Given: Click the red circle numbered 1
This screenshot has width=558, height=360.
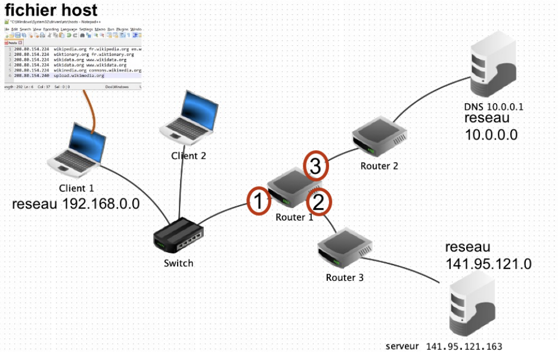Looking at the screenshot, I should [x=259, y=201].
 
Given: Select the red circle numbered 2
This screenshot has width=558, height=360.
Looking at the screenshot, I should [x=318, y=203].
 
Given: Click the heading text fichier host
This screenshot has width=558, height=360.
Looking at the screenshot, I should [x=51, y=10].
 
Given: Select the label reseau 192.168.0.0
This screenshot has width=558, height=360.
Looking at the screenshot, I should [x=76, y=204].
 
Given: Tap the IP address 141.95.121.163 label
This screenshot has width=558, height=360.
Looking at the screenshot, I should [x=464, y=346].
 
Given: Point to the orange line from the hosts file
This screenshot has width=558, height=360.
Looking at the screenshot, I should [x=91, y=108].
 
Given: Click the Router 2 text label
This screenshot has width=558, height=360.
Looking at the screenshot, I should [x=379, y=166].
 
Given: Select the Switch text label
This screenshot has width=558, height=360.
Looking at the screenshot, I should [x=178, y=263].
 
